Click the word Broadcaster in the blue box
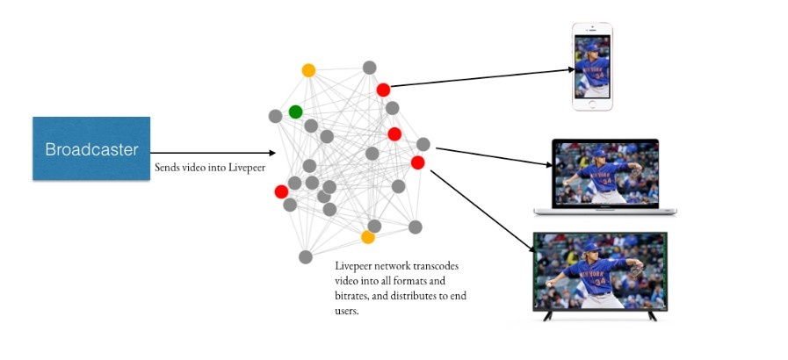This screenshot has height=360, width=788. click(x=91, y=149)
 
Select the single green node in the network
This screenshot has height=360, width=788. click(x=295, y=112)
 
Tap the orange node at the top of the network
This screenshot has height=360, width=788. click(x=308, y=70)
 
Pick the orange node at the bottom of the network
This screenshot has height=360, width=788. click(x=368, y=237)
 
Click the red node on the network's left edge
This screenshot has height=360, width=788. click(x=281, y=191)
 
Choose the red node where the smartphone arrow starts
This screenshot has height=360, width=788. click(x=383, y=90)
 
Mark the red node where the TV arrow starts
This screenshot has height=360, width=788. click(x=417, y=162)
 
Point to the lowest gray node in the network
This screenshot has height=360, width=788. click(x=305, y=257)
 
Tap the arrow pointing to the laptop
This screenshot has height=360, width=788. click(x=496, y=156)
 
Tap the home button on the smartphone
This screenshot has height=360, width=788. click(x=593, y=104)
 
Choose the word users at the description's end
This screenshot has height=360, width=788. click(x=347, y=311)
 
